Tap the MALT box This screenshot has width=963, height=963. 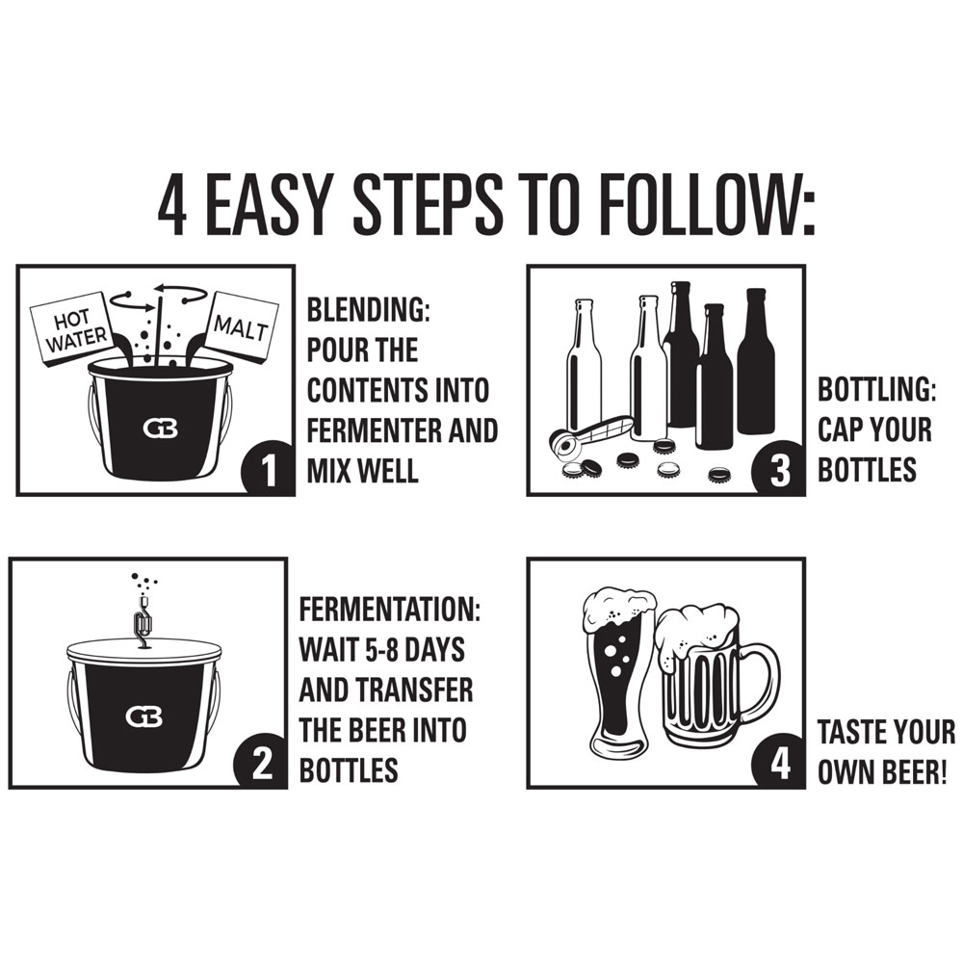pos(240,326)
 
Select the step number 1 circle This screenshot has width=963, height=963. pos(268,469)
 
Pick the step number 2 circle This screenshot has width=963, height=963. pos(261,761)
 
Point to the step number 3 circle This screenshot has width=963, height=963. pos(779,469)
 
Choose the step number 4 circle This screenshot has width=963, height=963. pos(779,761)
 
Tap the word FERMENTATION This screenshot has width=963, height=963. pos(389,610)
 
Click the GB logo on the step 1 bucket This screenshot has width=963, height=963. pos(160,429)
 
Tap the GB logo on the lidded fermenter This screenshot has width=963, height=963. pos(144,716)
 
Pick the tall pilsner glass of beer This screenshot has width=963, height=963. pos(616,671)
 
